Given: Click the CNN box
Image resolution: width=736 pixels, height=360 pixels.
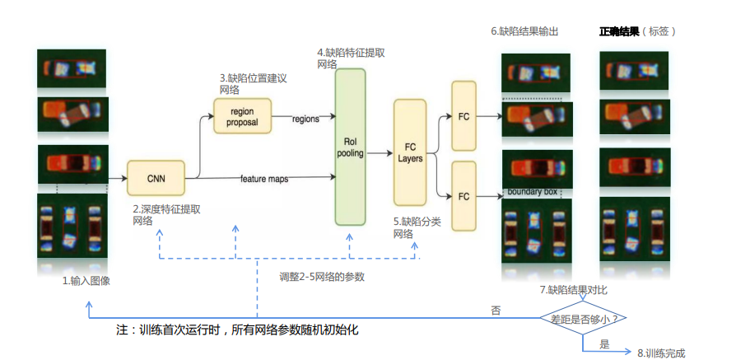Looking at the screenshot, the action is [156, 178].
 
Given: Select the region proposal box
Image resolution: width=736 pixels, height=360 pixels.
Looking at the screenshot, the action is [242, 116].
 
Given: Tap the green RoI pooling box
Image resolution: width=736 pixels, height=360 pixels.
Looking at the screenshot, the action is [350, 147].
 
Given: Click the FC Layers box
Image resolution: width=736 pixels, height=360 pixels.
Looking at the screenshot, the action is [410, 152].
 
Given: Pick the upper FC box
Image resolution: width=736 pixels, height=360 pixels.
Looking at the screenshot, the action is [463, 116].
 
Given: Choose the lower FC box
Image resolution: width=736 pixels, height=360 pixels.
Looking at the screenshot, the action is [463, 196].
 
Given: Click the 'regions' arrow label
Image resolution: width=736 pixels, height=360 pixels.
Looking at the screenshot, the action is [305, 119].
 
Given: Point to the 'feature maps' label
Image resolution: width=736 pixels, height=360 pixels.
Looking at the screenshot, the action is [264, 179].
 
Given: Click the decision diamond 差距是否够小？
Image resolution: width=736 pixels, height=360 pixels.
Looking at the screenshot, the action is [583, 318].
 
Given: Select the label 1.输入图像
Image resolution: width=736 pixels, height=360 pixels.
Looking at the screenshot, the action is [86, 281].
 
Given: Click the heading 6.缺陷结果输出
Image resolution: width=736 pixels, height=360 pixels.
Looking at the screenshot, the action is [524, 31].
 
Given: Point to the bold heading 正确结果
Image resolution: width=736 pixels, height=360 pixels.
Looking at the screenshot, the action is [619, 31].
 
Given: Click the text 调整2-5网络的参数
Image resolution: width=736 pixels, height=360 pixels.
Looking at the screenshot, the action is [322, 277].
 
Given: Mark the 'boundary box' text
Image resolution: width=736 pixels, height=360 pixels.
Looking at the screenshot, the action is [533, 192].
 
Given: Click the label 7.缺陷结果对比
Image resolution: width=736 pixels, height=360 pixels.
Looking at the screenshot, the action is [574, 290].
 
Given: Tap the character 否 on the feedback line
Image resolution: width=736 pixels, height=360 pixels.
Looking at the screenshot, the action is [496, 311].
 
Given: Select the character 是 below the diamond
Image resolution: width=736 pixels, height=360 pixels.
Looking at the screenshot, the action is [604, 344].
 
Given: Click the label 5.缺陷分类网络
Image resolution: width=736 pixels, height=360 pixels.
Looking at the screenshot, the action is [417, 227].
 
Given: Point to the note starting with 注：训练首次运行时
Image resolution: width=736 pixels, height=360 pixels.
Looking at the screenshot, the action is [237, 330].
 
